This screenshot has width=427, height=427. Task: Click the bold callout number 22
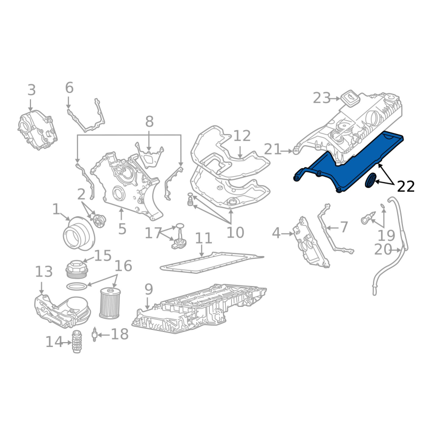(x=406, y=186)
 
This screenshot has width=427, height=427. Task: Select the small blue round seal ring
(x=370, y=180)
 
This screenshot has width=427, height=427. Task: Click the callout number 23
(x=322, y=98)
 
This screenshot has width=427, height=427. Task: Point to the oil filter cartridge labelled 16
(x=109, y=303)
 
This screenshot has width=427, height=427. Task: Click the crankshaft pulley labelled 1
(x=78, y=233)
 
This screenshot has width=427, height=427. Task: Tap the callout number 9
(x=148, y=289)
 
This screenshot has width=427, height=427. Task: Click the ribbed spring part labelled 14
(x=76, y=342)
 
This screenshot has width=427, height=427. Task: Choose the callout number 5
(x=122, y=229)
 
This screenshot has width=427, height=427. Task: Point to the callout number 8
(x=149, y=122)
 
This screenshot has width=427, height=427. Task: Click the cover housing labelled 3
(x=37, y=130)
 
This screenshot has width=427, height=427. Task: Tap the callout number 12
(x=242, y=136)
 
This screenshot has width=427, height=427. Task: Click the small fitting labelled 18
(x=94, y=335)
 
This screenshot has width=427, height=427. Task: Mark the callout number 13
(x=44, y=272)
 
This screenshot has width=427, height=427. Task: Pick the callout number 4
(x=276, y=233)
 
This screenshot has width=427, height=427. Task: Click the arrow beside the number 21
(x=287, y=151)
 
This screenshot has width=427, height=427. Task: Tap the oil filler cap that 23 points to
(x=351, y=99)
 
